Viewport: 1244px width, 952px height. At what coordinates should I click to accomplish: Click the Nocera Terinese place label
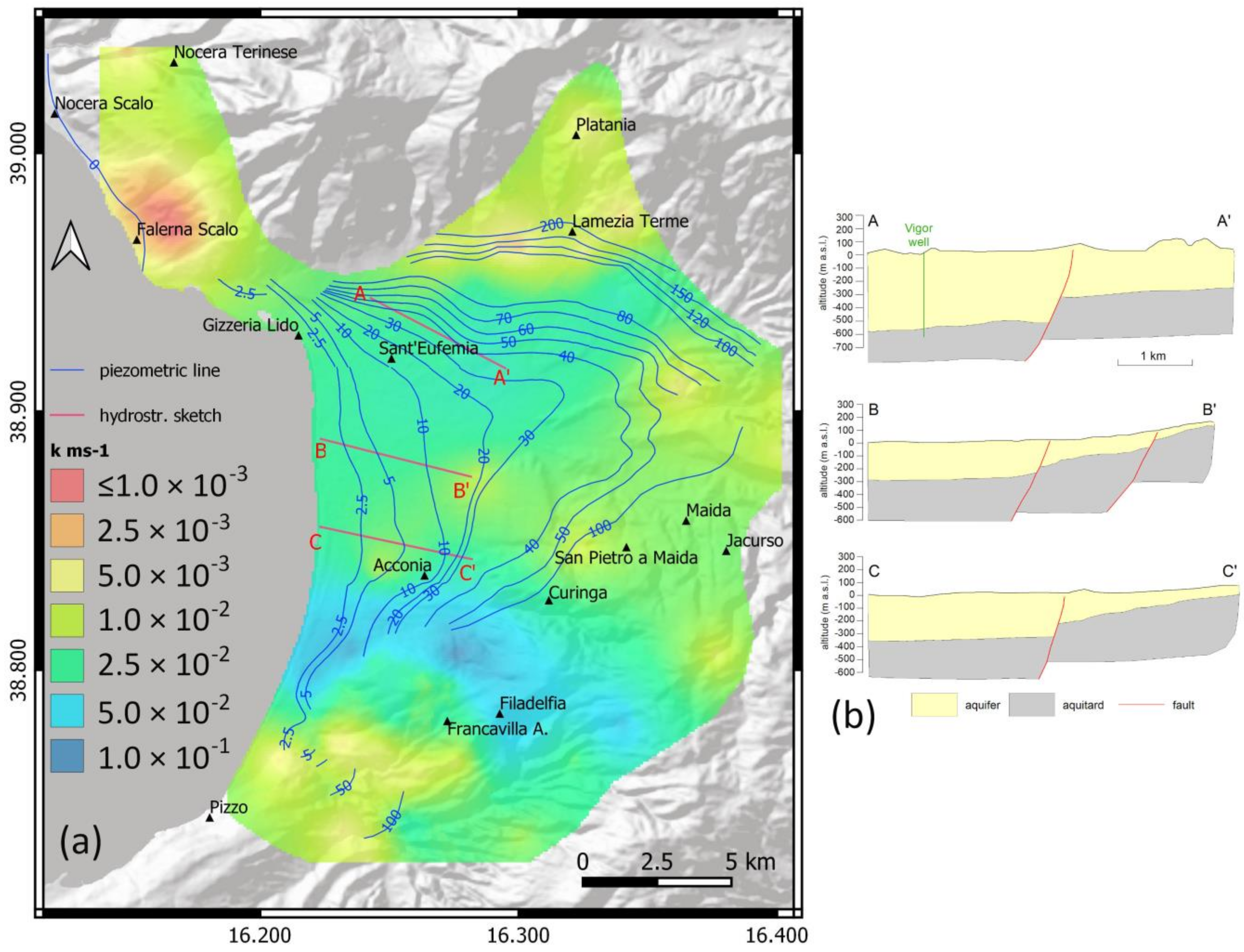pyautogui.click(x=235, y=52)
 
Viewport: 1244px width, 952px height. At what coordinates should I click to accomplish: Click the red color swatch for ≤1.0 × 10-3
pyautogui.click(x=67, y=485)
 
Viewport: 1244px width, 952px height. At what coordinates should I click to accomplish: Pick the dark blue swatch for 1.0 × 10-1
pyautogui.click(x=67, y=755)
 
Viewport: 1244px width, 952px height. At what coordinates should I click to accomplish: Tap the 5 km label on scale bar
pyautogui.click(x=750, y=862)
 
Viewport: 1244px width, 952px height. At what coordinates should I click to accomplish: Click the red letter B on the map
pyautogui.click(x=320, y=452)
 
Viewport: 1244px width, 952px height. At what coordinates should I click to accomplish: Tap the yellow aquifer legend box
pyautogui.click(x=934, y=705)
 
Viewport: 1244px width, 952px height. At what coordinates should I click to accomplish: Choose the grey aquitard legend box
pyautogui.click(x=1031, y=705)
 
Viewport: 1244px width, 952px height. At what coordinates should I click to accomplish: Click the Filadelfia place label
pyautogui.click(x=532, y=703)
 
